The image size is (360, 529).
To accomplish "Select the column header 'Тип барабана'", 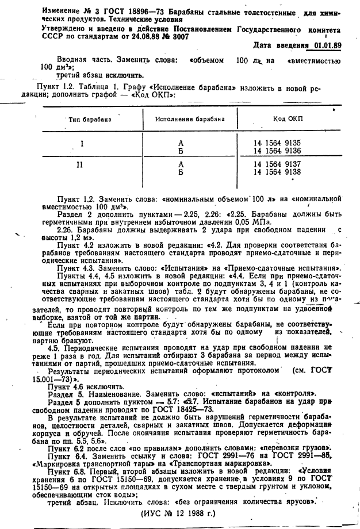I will click(90, 120).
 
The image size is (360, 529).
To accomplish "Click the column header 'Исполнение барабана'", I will click(189, 119).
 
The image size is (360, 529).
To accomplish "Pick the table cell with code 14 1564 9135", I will click(277, 142).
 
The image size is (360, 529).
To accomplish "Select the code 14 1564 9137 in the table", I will click(277, 164).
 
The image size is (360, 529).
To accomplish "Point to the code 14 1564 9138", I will click(277, 171).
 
